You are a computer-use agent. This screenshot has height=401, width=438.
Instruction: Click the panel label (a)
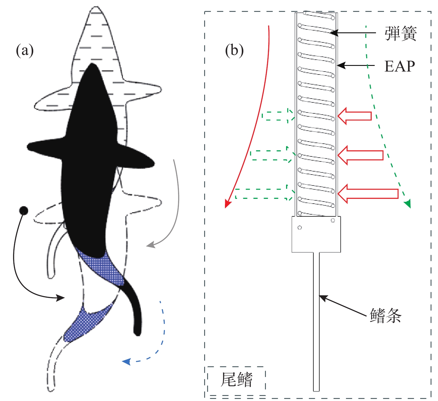pos(25,50)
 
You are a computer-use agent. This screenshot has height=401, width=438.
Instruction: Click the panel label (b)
pos(234,50)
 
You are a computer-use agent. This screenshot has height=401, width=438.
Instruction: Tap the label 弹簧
pos(401,33)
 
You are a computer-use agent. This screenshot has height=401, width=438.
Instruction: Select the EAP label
pos(399,66)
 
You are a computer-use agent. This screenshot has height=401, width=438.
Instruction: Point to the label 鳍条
pos(385,315)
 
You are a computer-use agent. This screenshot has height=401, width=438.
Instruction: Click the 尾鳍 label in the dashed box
pos(237,380)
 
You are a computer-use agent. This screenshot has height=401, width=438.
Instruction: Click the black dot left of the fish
pos(23,211)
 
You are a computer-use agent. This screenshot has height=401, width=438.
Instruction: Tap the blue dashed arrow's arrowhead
pos(126,361)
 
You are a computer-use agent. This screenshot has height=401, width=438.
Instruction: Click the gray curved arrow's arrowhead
pos(150,245)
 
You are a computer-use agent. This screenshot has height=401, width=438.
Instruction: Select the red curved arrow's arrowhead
pos(227,204)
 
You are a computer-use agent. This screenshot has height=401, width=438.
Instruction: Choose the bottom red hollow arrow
pos(368,194)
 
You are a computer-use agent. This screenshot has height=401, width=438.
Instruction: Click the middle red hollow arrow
pos(360,155)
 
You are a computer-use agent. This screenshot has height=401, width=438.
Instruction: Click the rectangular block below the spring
pos(316,234)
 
